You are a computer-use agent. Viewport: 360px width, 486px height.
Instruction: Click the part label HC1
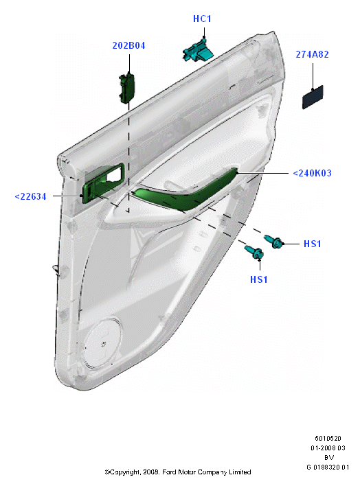point(202,19)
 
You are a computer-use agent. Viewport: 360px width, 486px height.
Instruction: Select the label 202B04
point(128,45)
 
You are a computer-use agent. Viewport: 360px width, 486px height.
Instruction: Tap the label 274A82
point(312,54)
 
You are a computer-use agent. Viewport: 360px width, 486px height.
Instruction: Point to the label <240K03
point(312,173)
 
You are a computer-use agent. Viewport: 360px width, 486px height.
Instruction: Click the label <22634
point(30,196)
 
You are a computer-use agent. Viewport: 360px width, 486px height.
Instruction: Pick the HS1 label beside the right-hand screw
point(312,244)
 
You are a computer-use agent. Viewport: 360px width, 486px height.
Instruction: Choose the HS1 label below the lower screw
point(259,279)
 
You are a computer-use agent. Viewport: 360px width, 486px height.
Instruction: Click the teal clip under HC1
point(198,51)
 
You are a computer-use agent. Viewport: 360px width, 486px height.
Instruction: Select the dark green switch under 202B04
point(126,89)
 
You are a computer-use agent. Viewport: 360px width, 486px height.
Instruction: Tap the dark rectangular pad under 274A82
point(313,97)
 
